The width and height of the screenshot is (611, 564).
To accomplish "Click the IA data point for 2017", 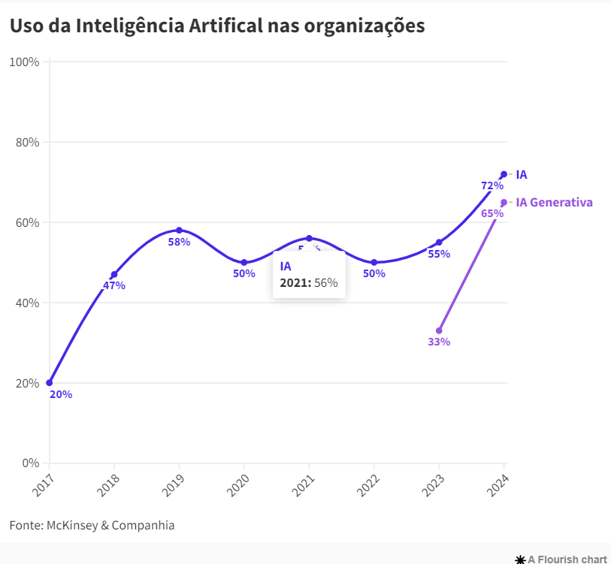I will [x=50, y=383].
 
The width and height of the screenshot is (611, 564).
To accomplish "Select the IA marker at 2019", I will [x=179, y=230].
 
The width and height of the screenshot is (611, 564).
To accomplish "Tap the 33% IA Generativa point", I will [x=439, y=330].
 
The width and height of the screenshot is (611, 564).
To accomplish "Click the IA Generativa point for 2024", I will [x=504, y=202].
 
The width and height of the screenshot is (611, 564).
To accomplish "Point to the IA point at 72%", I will [x=504, y=174].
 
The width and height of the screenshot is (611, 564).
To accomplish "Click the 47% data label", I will [x=114, y=285].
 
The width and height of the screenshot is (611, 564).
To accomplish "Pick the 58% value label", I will [x=179, y=242].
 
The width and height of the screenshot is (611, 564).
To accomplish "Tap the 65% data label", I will [x=492, y=213].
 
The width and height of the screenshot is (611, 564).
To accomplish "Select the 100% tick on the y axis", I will [x=24, y=62].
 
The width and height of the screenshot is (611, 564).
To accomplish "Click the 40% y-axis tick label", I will [x=27, y=303].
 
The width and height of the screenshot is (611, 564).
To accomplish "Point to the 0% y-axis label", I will [x=30, y=463].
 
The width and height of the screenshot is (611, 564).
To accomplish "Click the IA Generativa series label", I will [x=554, y=202].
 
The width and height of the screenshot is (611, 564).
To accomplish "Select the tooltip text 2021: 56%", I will [x=309, y=283].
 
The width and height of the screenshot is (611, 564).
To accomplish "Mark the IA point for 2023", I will [x=439, y=243].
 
